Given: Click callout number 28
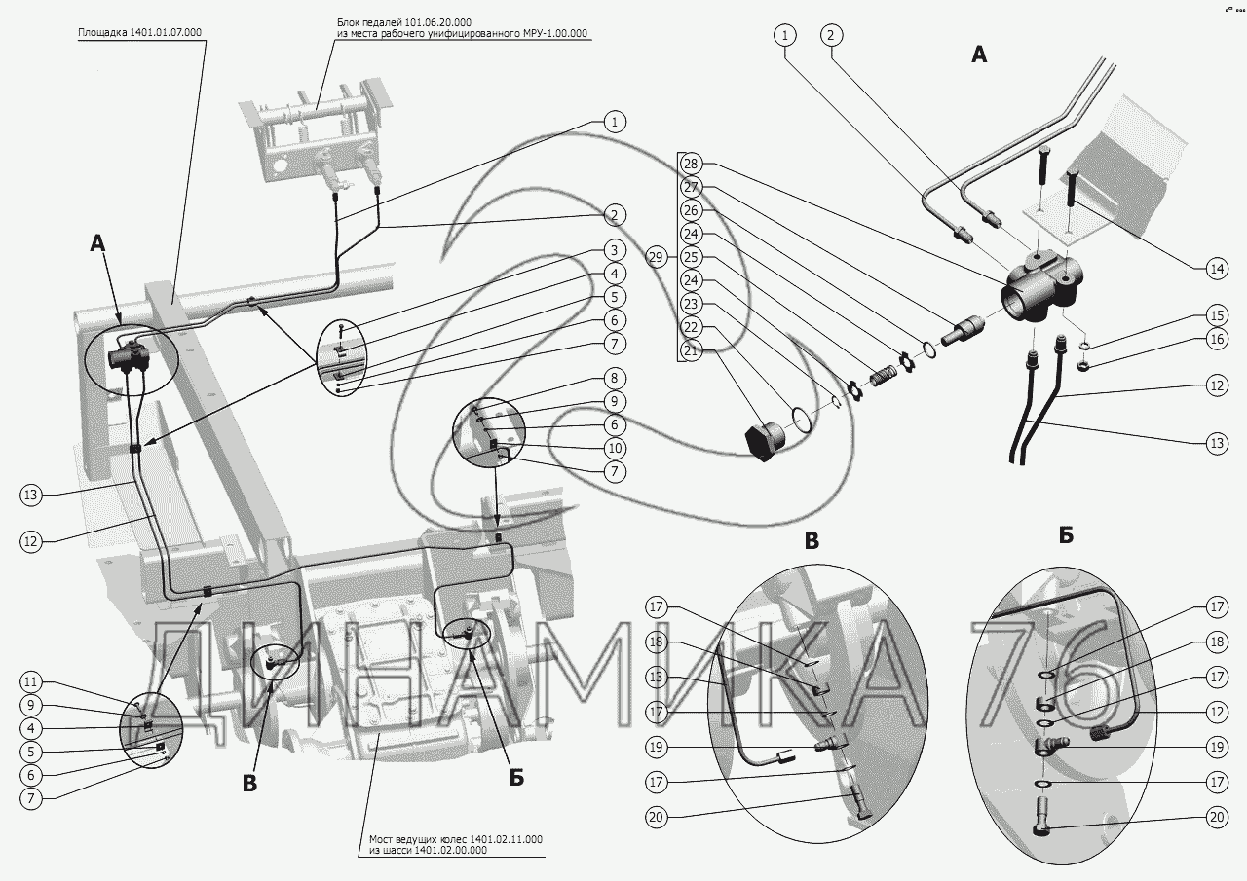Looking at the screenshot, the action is [691, 164].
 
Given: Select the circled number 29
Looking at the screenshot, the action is [657, 258].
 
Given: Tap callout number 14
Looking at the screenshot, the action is [1217, 270].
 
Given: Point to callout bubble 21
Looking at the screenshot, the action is [691, 351].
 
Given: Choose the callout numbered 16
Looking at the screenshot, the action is [1217, 339].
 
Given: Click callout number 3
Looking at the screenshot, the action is [614, 250].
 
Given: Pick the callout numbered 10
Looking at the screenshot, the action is [614, 448].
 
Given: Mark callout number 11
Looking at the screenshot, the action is [30, 681].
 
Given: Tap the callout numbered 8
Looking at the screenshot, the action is [614, 379].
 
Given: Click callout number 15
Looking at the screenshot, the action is [1217, 315].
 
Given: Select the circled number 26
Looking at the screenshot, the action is [691, 210].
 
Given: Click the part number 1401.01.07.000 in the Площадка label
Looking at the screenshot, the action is [166, 32].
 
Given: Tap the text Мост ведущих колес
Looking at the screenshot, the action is [418, 839].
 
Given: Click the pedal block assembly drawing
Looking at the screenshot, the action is [315, 139].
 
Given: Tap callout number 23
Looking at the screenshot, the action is [691, 304].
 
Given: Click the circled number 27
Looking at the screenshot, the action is [691, 187].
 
